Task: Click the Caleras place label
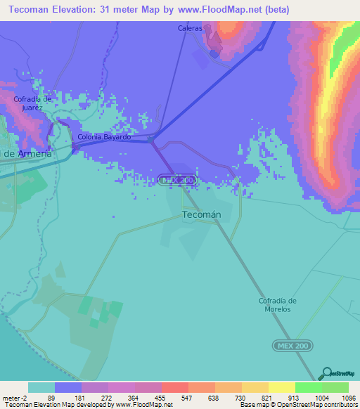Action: click(x=190, y=29)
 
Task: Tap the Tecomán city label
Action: click(x=202, y=214)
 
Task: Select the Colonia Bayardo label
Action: click(x=105, y=137)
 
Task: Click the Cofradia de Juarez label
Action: click(x=33, y=103)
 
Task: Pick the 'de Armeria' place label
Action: click(x=27, y=153)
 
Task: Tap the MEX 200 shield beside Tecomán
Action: click(x=176, y=181)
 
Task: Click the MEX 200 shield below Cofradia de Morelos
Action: click(x=292, y=346)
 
